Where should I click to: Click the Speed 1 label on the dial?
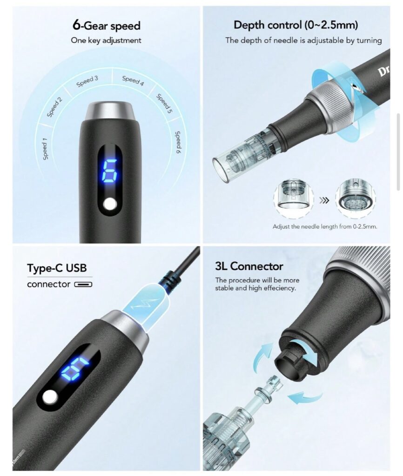point(45,149)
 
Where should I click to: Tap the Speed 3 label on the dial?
point(87,81)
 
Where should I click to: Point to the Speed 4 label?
point(133,80)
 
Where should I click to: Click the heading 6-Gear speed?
point(107,25)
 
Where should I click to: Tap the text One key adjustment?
point(106,40)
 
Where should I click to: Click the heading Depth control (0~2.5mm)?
point(296,25)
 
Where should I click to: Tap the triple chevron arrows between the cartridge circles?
point(324,200)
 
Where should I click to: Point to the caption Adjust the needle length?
point(325,226)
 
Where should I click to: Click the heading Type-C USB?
point(57,268)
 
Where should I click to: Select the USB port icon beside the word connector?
point(83,284)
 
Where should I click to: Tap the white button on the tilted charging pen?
point(50,397)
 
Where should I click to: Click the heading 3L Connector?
point(249,266)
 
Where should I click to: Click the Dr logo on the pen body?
point(384,71)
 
